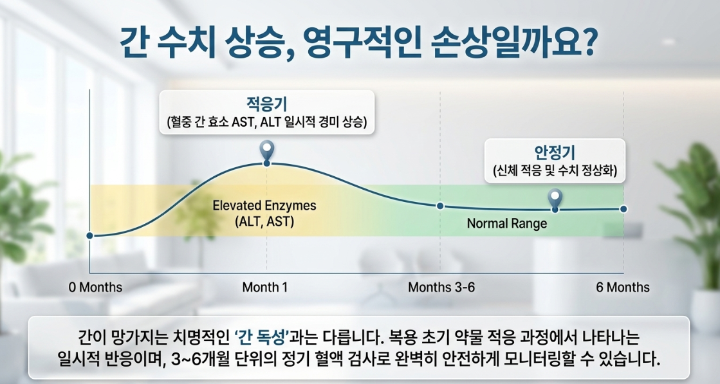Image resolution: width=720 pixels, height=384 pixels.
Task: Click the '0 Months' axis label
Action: point(95,288)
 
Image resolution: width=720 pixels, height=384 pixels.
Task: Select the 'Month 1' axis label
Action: point(265,288)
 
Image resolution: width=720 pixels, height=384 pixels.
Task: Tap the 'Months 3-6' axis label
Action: point(441,288)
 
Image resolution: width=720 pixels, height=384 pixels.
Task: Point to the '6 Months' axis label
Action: point(623,288)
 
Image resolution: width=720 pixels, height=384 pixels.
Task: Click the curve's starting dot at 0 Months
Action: point(89,235)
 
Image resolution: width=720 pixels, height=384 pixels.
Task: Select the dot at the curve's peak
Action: point(267,163)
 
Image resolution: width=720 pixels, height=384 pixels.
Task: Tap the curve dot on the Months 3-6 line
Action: point(440,206)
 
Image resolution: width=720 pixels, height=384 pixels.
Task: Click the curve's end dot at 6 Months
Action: point(623,209)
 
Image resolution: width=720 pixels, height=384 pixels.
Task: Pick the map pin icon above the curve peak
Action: point(267,150)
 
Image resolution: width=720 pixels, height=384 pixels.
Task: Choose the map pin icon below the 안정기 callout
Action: point(555,197)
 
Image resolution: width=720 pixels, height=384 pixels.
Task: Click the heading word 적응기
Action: point(267,104)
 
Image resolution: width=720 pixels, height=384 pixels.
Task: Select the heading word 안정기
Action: point(555,153)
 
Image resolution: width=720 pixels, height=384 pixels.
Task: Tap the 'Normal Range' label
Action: point(507,224)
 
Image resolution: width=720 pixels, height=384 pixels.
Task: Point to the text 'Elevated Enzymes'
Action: point(264,206)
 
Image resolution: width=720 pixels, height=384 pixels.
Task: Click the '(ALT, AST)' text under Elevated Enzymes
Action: point(264,222)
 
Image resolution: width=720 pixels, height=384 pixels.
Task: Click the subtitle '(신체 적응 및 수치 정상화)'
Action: point(555,172)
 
